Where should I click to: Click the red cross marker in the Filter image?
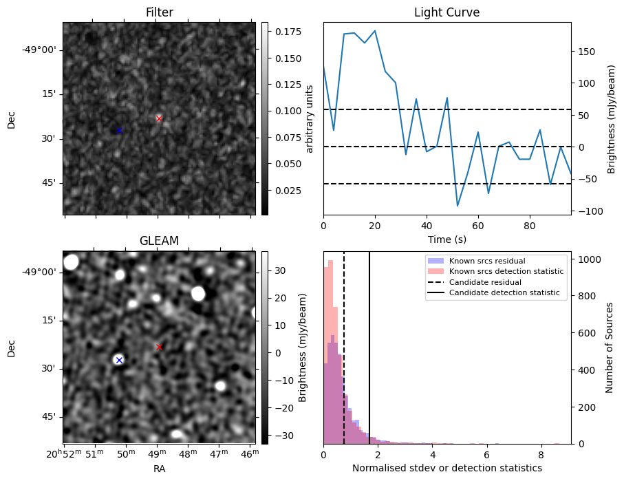[x=159, y=118]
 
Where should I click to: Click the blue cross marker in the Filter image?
[x=118, y=130]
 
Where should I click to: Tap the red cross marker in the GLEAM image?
[x=159, y=347]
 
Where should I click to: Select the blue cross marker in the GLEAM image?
[x=119, y=360]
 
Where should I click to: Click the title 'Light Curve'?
[x=447, y=13]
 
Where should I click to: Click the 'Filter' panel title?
[x=159, y=13]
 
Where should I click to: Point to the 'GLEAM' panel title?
[x=159, y=241]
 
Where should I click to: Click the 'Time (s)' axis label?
[x=447, y=238]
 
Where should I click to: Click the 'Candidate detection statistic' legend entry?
[x=506, y=293]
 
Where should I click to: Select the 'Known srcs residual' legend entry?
[x=487, y=261]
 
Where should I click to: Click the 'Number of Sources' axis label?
[x=609, y=347]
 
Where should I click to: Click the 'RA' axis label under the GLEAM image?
[x=159, y=469]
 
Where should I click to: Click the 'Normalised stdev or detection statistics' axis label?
[x=447, y=468]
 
